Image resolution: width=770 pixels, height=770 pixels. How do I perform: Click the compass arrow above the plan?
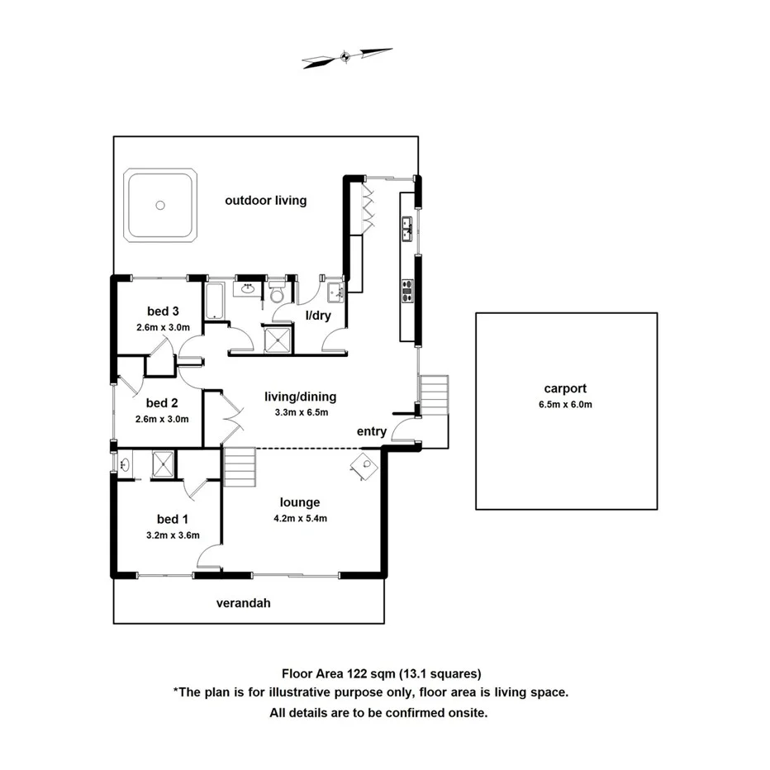point(347,57)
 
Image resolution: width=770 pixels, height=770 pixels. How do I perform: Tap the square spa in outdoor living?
point(160,205)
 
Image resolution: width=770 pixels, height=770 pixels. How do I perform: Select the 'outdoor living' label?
point(266,200)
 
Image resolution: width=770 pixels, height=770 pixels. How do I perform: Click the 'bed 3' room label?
point(163,311)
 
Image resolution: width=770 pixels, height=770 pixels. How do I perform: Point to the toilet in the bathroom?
point(278,293)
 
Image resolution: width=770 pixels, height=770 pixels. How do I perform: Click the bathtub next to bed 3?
point(214,300)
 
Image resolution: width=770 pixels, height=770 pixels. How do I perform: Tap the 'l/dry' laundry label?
point(318,315)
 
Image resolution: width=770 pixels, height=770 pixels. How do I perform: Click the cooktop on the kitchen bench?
point(407,290)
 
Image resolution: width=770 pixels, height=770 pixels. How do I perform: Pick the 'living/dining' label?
point(301,397)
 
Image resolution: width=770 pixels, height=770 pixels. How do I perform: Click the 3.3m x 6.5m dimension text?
point(301,412)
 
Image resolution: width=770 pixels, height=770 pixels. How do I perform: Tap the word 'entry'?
point(372,431)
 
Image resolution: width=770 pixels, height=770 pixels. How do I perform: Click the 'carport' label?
point(566,388)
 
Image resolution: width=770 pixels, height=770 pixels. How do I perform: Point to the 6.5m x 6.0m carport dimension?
point(566,404)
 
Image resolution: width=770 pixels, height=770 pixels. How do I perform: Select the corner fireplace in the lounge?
point(365,465)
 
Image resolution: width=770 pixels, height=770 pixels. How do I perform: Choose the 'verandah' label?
point(244,603)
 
